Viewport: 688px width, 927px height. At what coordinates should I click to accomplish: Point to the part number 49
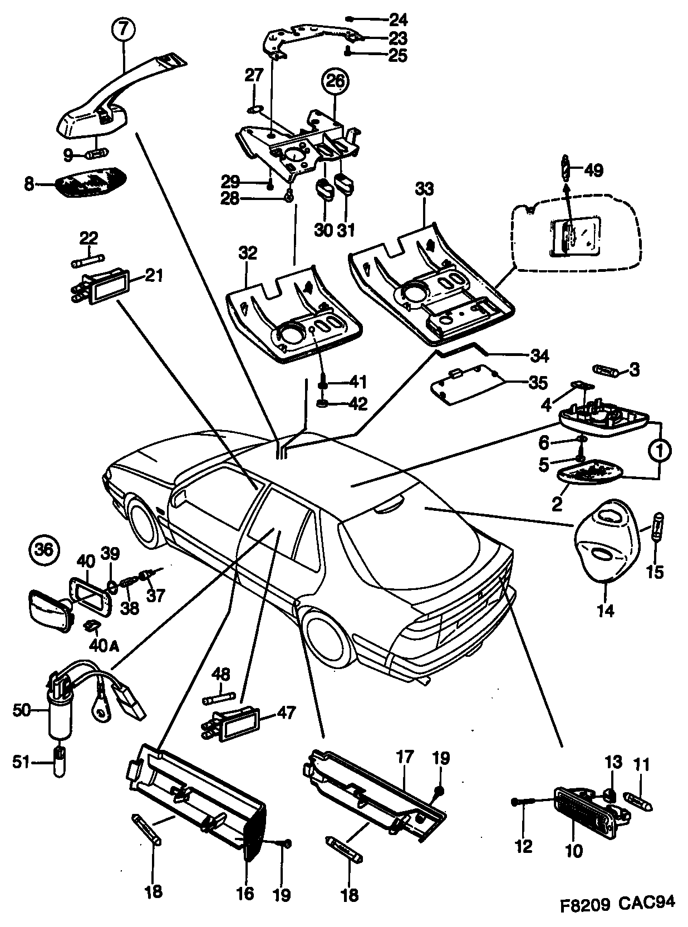pyautogui.click(x=594, y=170)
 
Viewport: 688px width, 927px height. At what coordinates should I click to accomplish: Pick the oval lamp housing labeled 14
pyautogui.click(x=606, y=539)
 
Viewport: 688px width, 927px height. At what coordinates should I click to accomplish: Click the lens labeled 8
pyautogui.click(x=91, y=183)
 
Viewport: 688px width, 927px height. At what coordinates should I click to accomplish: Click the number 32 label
pyautogui.click(x=248, y=253)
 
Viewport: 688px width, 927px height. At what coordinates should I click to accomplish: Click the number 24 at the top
pyautogui.click(x=398, y=20)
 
